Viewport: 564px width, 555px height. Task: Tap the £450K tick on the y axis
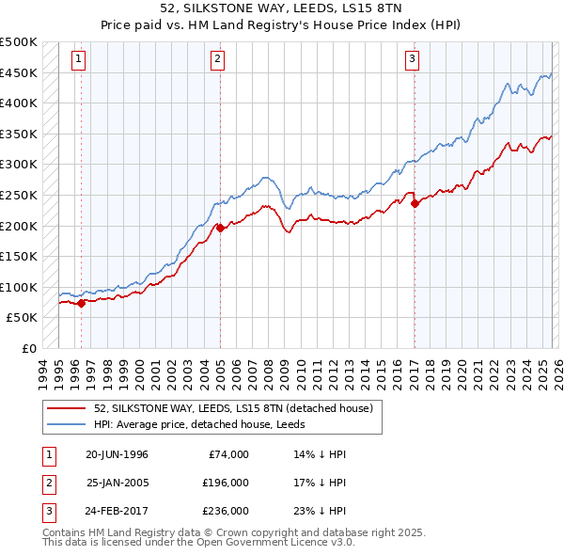pos(19,72)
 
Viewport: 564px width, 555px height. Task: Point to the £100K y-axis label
pos(19,287)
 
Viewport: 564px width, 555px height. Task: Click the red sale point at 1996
pos(82,303)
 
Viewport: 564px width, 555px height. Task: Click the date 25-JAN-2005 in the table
pos(117,482)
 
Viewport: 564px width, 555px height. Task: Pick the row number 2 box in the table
pos(49,482)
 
